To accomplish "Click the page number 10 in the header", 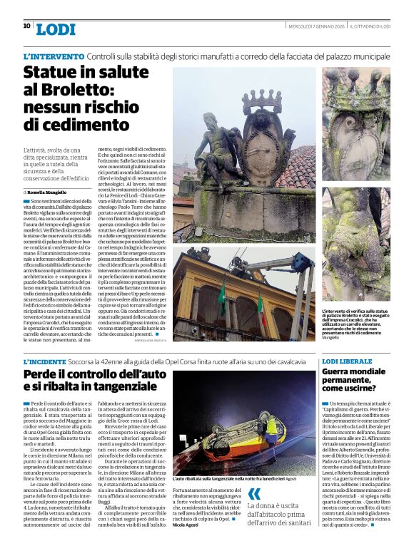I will pyautogui.click(x=26, y=26).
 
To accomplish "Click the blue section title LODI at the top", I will pyautogui.click(x=55, y=29).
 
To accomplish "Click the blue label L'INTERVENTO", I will pyautogui.click(x=54, y=56).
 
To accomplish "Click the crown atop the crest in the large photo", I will pyautogui.click(x=262, y=99).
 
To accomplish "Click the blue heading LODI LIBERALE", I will pyautogui.click(x=347, y=362).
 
